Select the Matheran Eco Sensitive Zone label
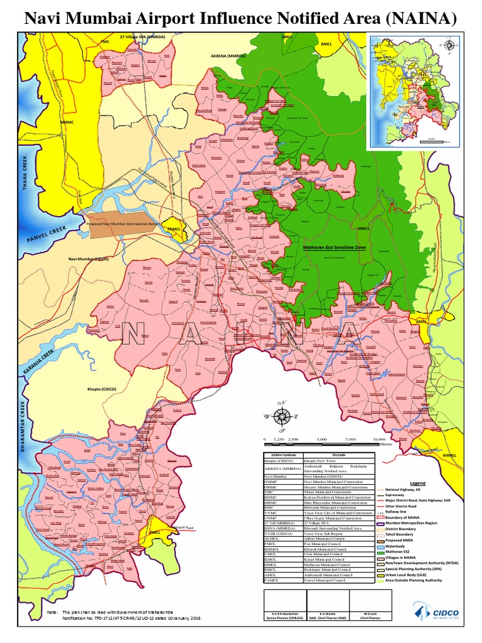335,248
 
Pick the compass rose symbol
283,416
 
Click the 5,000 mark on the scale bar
321,440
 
